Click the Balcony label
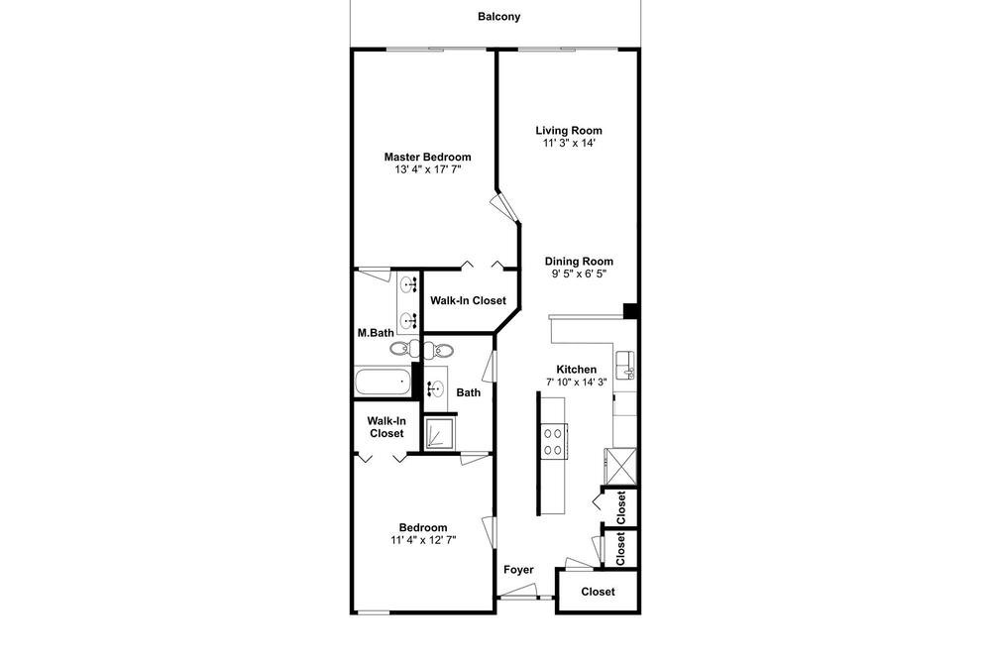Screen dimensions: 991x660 498,17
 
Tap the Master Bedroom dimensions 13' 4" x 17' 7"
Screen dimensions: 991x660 428,169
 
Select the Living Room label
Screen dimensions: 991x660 569,130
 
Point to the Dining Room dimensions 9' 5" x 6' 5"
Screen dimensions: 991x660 579,274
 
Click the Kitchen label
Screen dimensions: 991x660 577,370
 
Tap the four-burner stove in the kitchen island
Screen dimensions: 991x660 553,441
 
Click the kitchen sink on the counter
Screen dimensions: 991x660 625,365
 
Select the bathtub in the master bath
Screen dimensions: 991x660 383,382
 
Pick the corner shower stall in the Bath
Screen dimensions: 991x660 440,434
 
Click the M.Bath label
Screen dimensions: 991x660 376,333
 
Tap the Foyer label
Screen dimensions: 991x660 519,570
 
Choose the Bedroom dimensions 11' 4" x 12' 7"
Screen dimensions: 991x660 423,540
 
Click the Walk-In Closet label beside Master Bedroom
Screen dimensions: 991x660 469,301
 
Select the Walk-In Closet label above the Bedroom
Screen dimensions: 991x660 386,427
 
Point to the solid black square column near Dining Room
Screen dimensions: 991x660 630,311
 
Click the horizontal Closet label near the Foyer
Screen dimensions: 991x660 598,592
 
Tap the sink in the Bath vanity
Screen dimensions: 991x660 435,387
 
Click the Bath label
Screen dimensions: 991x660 469,392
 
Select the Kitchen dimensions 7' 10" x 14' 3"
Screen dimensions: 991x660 577,382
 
